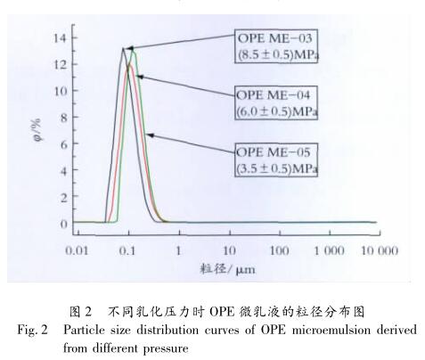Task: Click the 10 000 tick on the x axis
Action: coord(379,251)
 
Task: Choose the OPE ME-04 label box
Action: coord(277,103)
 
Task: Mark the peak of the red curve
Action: coord(130,66)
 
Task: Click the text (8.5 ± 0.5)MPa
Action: coord(277,55)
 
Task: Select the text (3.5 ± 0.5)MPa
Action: coord(277,167)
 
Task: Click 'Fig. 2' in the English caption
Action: coord(31,331)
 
